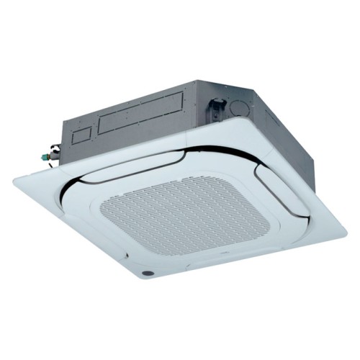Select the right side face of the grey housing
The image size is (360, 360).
(x=288, y=126)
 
